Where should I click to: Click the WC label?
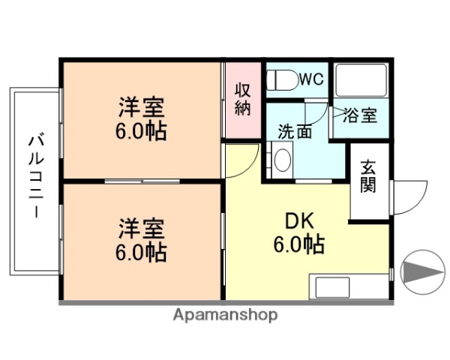pos(312,79)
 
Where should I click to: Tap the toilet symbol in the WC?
pos(283,79)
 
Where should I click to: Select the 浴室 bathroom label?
pos(361,116)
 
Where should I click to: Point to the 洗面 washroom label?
pos(295,132)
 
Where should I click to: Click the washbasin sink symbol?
pos(282,159)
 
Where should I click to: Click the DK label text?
pos(298,222)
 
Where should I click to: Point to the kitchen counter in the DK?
pos(349,287)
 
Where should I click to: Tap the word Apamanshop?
pos(225,316)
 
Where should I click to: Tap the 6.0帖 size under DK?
pos(298,244)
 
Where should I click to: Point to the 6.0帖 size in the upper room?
pos(141,131)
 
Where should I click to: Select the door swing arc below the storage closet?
pos(241,160)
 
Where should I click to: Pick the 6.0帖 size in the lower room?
pos(141,250)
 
